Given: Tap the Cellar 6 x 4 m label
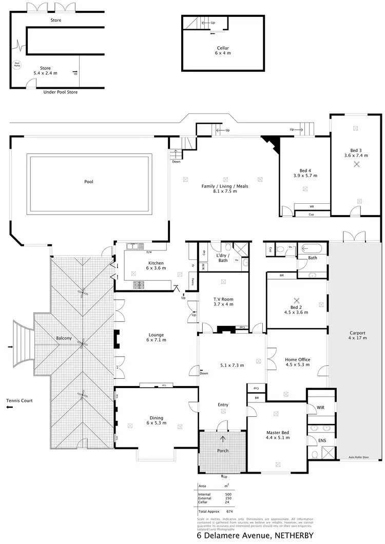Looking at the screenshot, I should (x=222, y=50).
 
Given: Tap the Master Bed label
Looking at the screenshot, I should (x=278, y=435).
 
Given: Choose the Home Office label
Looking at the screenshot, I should (x=297, y=362).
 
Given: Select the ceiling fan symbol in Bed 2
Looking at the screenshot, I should (x=296, y=300).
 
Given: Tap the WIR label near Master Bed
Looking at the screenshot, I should (x=321, y=408).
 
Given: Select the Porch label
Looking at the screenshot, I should (x=223, y=451).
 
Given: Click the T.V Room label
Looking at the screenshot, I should (x=223, y=301).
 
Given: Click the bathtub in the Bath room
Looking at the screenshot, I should (x=312, y=249).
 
